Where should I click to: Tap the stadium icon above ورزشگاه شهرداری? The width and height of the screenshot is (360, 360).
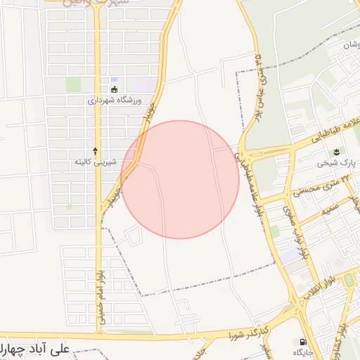point(113,89)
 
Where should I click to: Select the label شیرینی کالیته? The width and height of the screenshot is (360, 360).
point(96,162)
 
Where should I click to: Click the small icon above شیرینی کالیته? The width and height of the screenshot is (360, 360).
point(96,151)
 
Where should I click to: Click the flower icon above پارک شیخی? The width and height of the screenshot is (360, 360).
point(336,152)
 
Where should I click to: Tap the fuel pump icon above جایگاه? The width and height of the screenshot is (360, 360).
point(303,340)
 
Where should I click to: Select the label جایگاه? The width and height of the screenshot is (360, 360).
point(303,351)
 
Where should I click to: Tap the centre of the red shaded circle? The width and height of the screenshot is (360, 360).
point(180,179)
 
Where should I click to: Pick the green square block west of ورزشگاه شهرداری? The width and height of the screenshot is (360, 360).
point(73,85)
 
